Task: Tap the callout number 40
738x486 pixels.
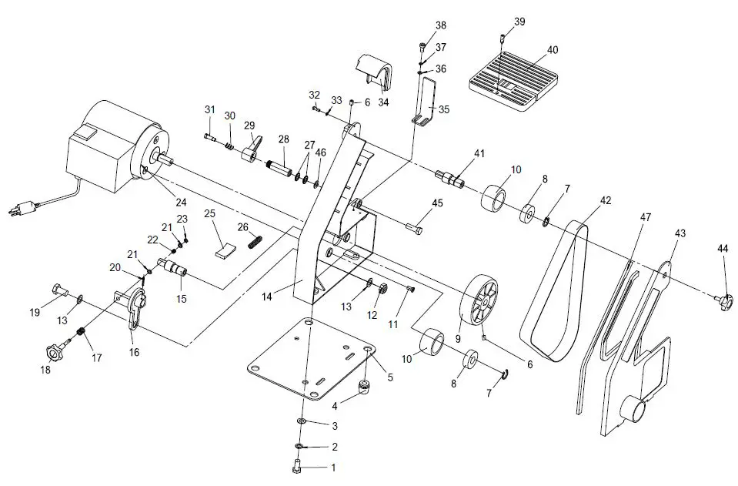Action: pos(552,50)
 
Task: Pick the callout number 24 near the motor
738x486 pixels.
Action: pos(181,203)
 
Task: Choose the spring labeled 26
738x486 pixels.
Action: pos(255,242)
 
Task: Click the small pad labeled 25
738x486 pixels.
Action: pos(224,248)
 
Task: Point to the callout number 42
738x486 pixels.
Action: pos(606,199)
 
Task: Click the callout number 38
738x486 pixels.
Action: pos(440,25)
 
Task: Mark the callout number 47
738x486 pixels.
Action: pos(646,218)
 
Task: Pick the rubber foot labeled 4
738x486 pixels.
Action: pos(362,384)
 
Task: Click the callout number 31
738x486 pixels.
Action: pos(209,109)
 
